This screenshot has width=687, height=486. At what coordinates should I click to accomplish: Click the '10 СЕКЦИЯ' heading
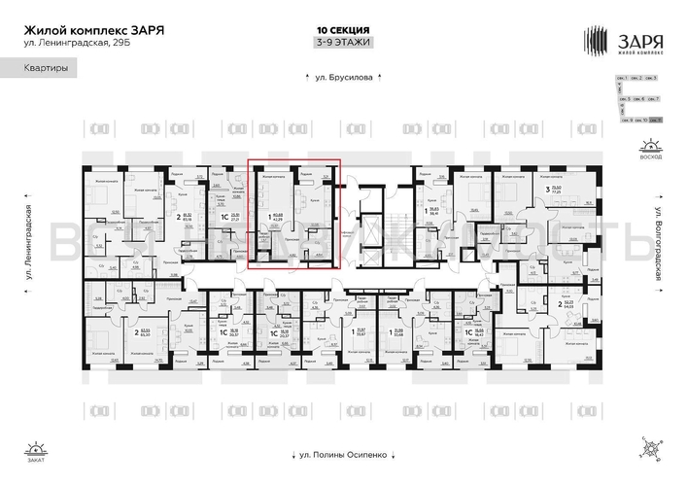343,28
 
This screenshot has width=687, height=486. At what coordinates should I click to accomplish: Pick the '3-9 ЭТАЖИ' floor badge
343,42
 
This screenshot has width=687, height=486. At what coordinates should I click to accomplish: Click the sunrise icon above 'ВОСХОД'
649,147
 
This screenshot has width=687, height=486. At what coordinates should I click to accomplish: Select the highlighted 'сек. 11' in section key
656,119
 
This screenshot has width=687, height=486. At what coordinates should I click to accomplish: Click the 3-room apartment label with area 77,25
557,191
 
